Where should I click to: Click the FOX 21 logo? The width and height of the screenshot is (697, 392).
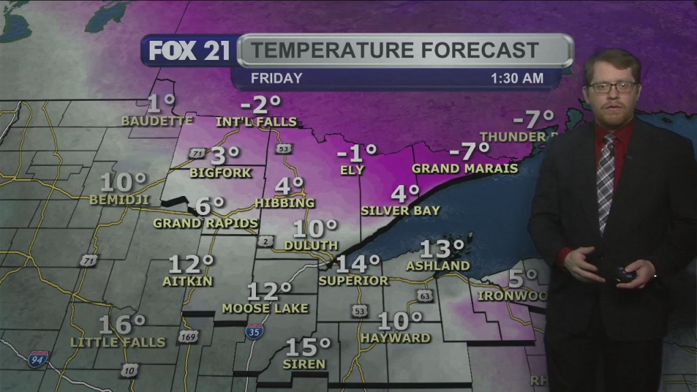[189, 51]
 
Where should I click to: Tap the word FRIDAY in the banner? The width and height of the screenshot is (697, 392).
[276, 78]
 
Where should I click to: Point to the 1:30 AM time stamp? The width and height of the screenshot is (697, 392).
[517, 78]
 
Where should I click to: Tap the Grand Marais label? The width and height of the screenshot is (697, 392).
[465, 168]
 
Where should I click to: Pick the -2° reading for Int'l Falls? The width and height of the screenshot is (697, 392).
[262, 105]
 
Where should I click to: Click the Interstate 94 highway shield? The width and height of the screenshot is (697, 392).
[37, 359]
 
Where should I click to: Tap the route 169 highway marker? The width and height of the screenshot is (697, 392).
[189, 337]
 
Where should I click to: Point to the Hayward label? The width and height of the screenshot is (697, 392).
[395, 338]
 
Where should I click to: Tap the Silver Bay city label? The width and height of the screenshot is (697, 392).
[400, 211]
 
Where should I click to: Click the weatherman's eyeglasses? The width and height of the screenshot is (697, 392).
[612, 87]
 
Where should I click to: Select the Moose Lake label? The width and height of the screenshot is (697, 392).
[265, 308]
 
